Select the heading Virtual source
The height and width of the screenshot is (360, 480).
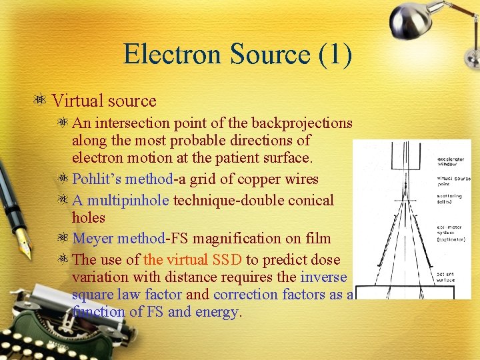[104, 101]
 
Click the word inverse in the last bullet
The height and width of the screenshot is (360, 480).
[324, 277]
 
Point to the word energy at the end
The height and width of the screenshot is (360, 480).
[215, 311]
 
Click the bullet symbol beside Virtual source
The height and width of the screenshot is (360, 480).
[41, 101]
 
